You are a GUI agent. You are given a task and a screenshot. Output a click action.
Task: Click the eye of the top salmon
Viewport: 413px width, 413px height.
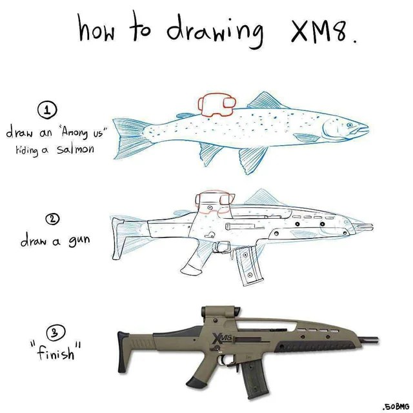[x=350, y=123]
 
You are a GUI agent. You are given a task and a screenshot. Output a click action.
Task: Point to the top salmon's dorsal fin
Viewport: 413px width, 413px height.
[x=265, y=100]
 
